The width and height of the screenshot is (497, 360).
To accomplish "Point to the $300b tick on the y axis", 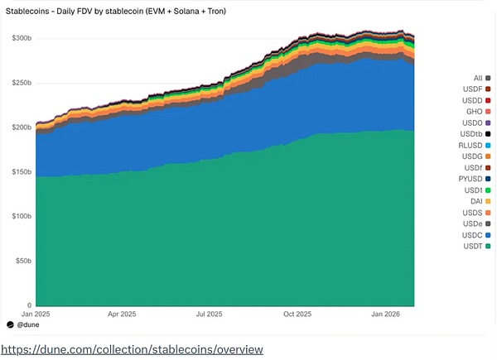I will pyautogui.click(x=22, y=38).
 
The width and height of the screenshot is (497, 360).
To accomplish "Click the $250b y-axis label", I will pyautogui.click(x=22, y=83).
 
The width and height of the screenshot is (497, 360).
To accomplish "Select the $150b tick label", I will pyautogui.click(x=22, y=172).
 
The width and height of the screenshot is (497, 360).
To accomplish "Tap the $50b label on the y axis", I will pyautogui.click(x=23, y=261).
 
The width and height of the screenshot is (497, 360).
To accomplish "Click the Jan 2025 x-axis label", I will pyautogui.click(x=36, y=314).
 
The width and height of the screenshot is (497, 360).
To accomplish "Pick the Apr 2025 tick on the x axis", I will pyautogui.click(x=123, y=314).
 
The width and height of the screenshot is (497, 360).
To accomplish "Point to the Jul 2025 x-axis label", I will pyautogui.click(x=210, y=314).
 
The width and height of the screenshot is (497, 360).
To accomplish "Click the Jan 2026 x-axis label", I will pyautogui.click(x=386, y=314).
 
